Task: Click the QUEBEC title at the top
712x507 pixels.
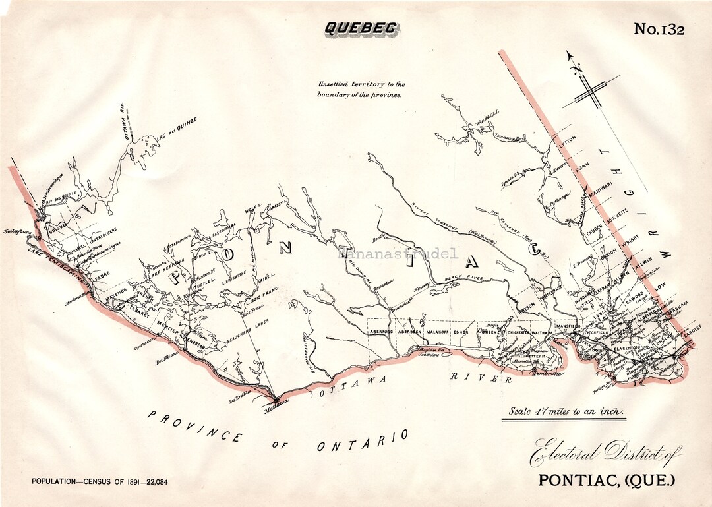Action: tap(360, 28)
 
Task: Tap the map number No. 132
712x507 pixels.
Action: tap(659, 29)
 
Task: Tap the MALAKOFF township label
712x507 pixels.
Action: tap(437, 332)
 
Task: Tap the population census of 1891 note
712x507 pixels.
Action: tap(100, 481)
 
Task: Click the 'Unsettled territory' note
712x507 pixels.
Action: tap(361, 89)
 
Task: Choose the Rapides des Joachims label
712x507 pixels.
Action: tap(432, 352)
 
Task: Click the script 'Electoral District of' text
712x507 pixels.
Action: tap(606, 454)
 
